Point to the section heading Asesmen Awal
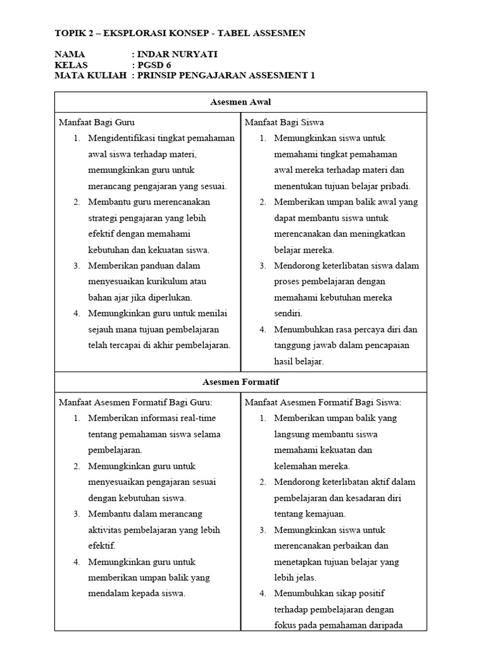(x=240, y=102)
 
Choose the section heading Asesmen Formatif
(x=240, y=382)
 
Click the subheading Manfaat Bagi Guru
(x=96, y=122)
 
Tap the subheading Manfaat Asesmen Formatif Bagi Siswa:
(x=323, y=402)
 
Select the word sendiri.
(x=289, y=313)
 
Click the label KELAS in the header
(x=72, y=65)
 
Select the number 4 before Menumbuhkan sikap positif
(x=262, y=594)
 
